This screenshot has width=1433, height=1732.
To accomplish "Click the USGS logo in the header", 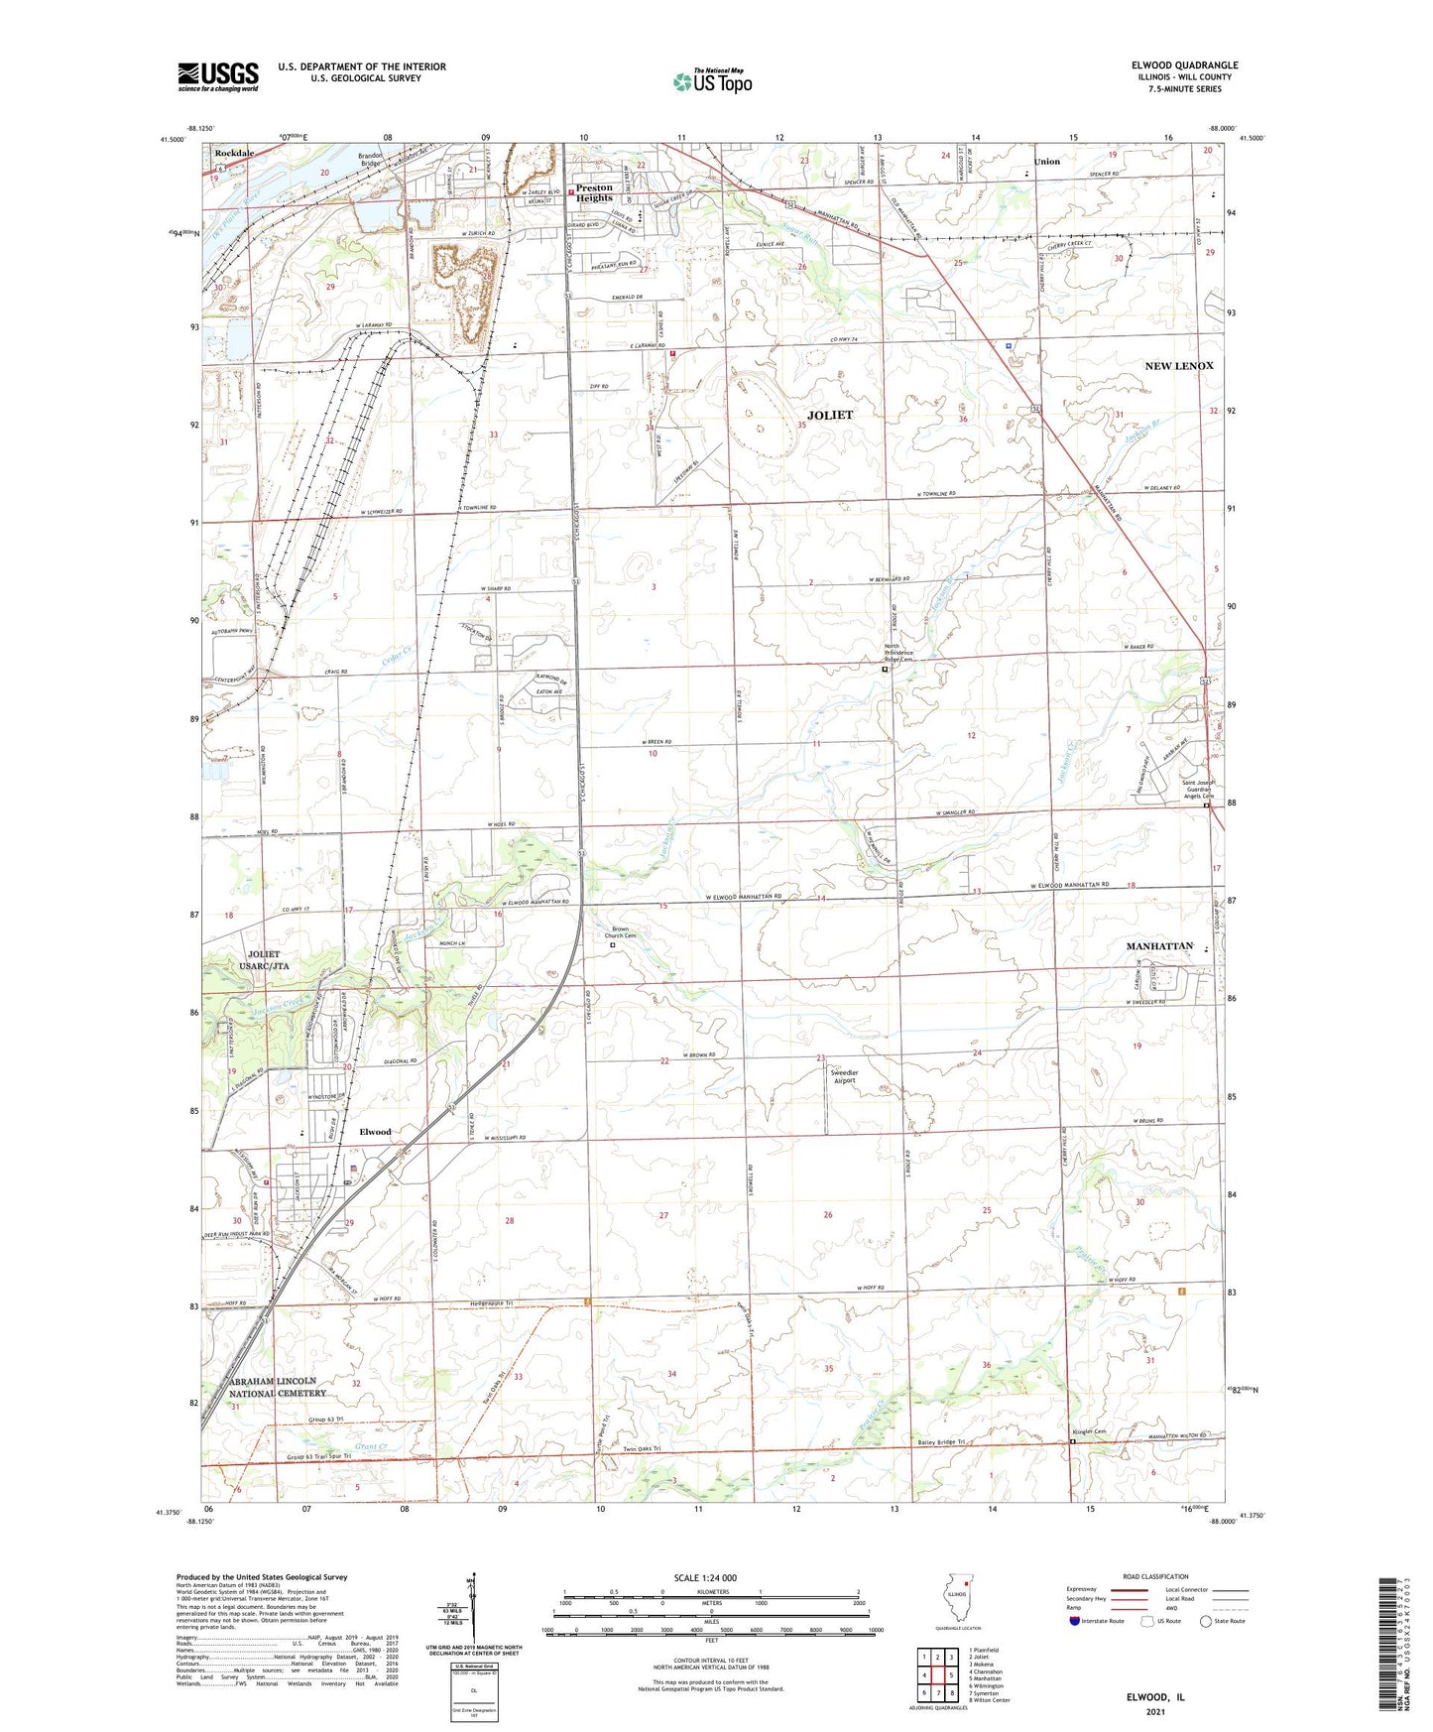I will (x=218, y=76).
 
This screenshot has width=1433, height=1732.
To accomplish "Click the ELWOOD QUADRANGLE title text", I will (x=1184, y=65).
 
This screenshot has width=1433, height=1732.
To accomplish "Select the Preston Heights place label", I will (x=594, y=192).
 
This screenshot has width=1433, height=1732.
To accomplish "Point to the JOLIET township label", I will (x=830, y=415).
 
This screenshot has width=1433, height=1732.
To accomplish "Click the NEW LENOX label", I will (x=1179, y=366).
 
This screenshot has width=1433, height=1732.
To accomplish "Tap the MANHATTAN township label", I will (x=1159, y=946).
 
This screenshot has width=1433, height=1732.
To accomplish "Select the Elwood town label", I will (x=375, y=1132).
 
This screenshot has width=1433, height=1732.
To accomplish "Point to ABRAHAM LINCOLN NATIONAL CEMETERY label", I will (x=273, y=1387).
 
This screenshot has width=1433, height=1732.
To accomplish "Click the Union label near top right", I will (x=1046, y=161).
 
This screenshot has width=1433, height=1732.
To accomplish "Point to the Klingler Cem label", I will (x=1089, y=1432).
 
